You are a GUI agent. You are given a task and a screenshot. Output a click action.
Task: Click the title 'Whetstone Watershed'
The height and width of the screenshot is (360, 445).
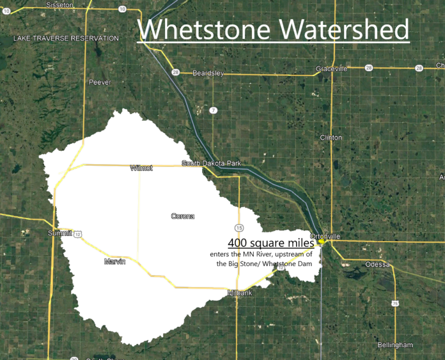click(x=273, y=29)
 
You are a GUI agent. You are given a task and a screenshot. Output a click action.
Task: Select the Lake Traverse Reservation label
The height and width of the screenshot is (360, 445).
click(x=66, y=38)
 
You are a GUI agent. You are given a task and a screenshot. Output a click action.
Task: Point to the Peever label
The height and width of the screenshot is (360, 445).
click(x=100, y=82)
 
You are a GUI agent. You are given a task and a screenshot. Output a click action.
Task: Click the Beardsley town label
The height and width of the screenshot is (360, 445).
click(x=207, y=74)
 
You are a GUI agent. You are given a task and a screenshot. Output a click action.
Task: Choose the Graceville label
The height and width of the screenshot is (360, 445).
click(x=331, y=68)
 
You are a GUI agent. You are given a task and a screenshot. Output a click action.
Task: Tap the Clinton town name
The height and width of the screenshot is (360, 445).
click(x=331, y=137)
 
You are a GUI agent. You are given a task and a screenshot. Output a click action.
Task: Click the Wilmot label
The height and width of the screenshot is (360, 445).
click(x=141, y=168)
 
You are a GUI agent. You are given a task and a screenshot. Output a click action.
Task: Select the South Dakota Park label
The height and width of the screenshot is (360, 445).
click(x=211, y=163)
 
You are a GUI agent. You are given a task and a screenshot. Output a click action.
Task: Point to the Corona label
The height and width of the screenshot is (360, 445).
click(x=183, y=216)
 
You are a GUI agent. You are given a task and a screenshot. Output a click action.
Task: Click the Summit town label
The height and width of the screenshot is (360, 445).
click(x=60, y=233)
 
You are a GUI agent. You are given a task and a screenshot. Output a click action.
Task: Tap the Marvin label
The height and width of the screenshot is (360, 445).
click(x=115, y=262)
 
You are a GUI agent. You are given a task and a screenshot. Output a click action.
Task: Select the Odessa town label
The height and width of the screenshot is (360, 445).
click(x=378, y=265)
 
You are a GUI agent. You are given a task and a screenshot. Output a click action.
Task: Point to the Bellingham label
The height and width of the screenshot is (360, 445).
click(x=395, y=345)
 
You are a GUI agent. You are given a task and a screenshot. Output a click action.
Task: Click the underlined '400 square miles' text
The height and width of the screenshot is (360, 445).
click(x=271, y=243)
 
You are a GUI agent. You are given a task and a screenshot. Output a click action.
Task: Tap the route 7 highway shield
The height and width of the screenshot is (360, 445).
click(x=213, y=110)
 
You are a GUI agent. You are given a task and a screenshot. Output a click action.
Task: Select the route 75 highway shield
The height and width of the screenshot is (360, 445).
click(x=395, y=303)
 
